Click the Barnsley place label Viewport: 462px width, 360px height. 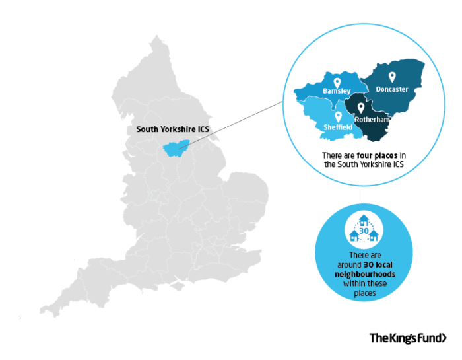click(x=337, y=90)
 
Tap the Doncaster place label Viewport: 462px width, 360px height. click(x=392, y=89)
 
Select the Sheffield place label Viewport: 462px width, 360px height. click(x=338, y=126)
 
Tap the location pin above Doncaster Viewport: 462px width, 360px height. click(x=391, y=77)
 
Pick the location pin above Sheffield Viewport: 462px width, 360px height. click(x=338, y=116)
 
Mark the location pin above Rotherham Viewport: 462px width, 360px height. click(x=361, y=108)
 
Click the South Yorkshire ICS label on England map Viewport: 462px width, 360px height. click(x=172, y=129)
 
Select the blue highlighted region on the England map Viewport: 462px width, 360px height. click(x=174, y=149)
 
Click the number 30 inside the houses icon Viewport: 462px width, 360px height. click(x=363, y=231)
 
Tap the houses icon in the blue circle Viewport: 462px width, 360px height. click(x=363, y=228)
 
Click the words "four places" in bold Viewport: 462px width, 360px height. click(x=366, y=155)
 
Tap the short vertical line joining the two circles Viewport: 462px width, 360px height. click(x=364, y=195)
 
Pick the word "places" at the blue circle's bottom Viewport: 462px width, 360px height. click(x=363, y=293)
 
